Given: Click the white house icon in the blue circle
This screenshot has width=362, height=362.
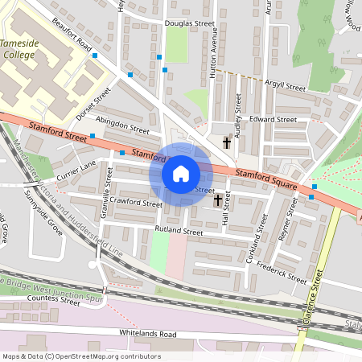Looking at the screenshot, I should pos(181,173).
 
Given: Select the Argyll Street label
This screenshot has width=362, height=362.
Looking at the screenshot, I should pos(285,86).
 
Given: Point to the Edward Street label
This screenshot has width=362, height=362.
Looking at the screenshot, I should pos(273,119).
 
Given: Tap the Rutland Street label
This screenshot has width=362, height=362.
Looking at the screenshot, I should pos(179,231).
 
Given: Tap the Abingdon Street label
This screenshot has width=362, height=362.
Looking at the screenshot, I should pos(123,128).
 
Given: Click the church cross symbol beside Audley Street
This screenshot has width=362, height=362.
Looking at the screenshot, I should pos(228,143).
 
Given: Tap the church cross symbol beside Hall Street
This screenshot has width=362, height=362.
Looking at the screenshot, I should pos(219,199).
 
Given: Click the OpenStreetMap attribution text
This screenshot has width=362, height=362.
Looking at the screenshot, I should pos(81,356).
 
